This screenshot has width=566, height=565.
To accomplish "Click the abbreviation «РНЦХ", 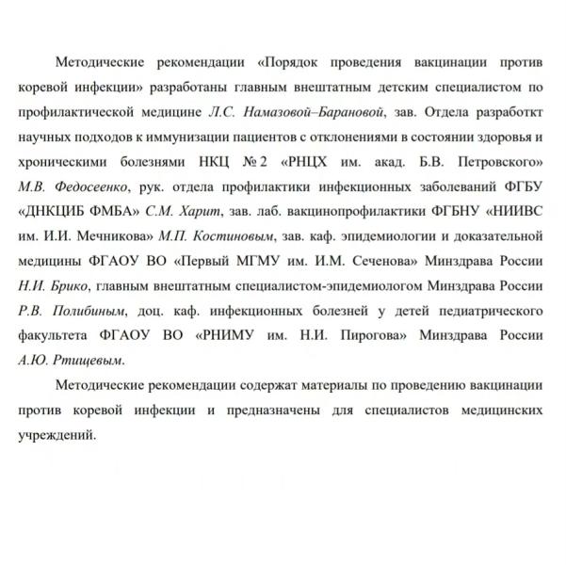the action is [317, 160].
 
